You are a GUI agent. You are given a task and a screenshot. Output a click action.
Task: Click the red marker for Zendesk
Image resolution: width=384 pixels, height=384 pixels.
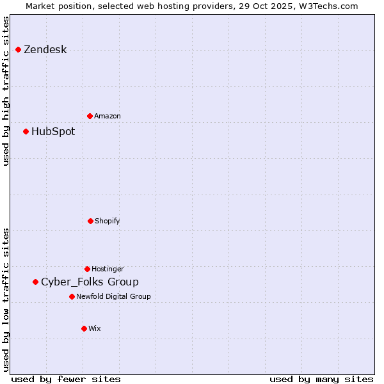[x=19, y=50]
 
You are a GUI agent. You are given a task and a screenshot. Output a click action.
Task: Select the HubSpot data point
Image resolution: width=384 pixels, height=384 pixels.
[x=26, y=132]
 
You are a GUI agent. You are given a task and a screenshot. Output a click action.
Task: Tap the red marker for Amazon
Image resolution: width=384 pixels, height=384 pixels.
[x=90, y=116]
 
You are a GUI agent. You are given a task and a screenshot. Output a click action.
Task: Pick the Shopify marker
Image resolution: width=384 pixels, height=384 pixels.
[x=90, y=221]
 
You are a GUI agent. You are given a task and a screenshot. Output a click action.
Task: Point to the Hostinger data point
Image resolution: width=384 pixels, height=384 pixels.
[x=87, y=269]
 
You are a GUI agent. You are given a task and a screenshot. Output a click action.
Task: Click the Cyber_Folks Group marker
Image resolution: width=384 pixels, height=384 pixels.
[x=36, y=282]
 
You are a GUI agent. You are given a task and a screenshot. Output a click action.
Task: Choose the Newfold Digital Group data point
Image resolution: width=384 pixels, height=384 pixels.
[x=72, y=296]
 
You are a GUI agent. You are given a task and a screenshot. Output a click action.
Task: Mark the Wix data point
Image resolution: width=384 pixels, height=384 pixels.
[x=84, y=328]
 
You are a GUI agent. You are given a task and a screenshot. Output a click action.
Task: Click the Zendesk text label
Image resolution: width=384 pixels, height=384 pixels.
[x=45, y=50]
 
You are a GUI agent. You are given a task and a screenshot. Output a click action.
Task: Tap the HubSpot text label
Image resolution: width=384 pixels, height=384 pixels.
[x=53, y=132]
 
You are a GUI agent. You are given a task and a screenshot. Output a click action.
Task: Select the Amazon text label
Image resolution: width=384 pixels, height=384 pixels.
[x=108, y=116]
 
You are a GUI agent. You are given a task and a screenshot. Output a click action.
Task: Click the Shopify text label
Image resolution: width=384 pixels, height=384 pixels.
[x=108, y=221]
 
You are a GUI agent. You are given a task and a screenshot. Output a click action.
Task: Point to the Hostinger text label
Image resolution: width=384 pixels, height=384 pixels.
[x=108, y=269]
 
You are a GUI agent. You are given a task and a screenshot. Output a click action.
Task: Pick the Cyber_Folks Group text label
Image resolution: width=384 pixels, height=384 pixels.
[x=90, y=282]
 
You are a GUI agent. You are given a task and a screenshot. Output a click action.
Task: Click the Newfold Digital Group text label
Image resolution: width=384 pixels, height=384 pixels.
[x=113, y=296]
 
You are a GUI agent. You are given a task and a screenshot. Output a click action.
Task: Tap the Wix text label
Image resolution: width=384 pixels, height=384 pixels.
[x=95, y=328]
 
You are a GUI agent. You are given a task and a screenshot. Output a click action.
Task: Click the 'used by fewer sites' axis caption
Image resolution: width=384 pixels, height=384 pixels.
[x=66, y=379]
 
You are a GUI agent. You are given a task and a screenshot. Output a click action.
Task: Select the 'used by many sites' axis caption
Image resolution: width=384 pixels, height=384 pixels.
[x=321, y=379]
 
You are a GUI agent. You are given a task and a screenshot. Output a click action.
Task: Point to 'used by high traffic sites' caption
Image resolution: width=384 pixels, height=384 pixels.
[x=6, y=91]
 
